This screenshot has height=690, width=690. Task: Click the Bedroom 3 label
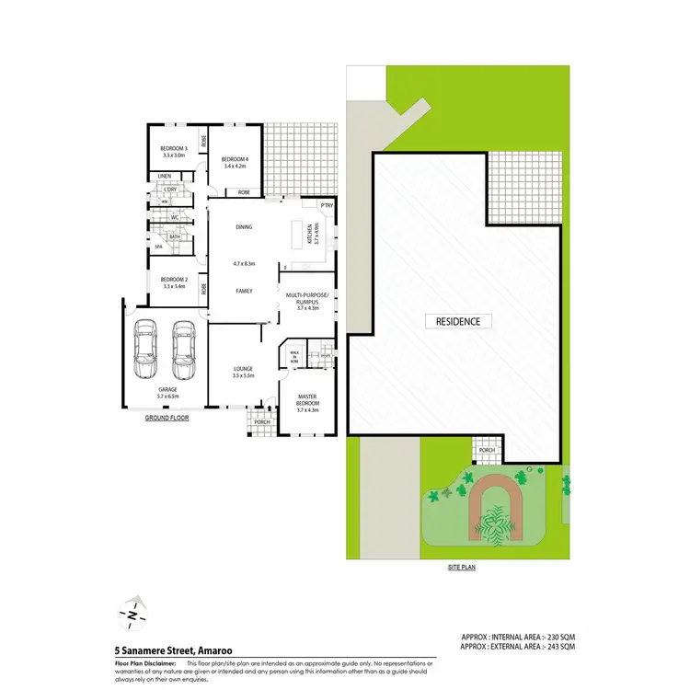pos(173,149)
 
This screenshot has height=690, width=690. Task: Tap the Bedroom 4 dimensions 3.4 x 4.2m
pos(234,167)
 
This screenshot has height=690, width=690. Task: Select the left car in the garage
pos(146,351)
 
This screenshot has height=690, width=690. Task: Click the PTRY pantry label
pos(326,205)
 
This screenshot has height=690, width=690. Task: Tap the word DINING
pos(244,226)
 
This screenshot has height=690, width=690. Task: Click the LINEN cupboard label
pos(164,176)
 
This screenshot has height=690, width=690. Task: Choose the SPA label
pos(158,247)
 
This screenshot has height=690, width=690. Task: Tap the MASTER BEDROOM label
pos(307,402)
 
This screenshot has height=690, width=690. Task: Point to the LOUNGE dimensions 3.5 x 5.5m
pos(243,375)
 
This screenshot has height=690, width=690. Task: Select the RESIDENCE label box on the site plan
pos(458,321)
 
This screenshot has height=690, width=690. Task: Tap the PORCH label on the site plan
pos(487,450)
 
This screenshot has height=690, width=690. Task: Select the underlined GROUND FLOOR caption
pos(167,418)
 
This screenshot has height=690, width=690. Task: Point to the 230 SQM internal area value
pos(559,637)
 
